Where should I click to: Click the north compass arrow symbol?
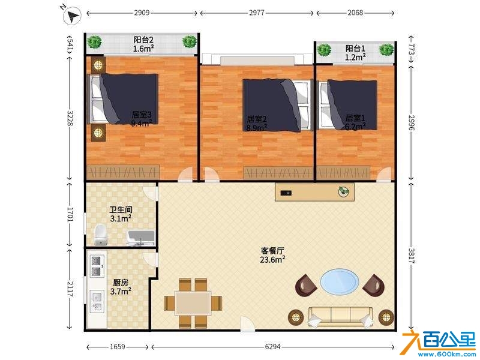click(x=73, y=16)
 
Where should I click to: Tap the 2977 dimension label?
click(x=257, y=13)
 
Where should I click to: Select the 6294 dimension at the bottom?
click(x=272, y=347)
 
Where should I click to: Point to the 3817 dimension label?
click(x=412, y=256)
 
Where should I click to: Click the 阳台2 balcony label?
click(x=143, y=40)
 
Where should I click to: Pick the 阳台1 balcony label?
click(x=355, y=49)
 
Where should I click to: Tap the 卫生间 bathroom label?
click(x=121, y=209)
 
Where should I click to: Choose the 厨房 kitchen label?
click(x=121, y=282)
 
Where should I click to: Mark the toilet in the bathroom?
click(x=100, y=235)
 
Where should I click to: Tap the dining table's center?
click(x=193, y=303)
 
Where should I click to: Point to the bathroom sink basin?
click(x=140, y=238)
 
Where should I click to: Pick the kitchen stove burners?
click(x=97, y=266)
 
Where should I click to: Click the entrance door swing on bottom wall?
click(x=247, y=323)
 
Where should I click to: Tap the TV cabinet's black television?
click(x=286, y=193)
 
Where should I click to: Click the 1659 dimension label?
click(x=118, y=347)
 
